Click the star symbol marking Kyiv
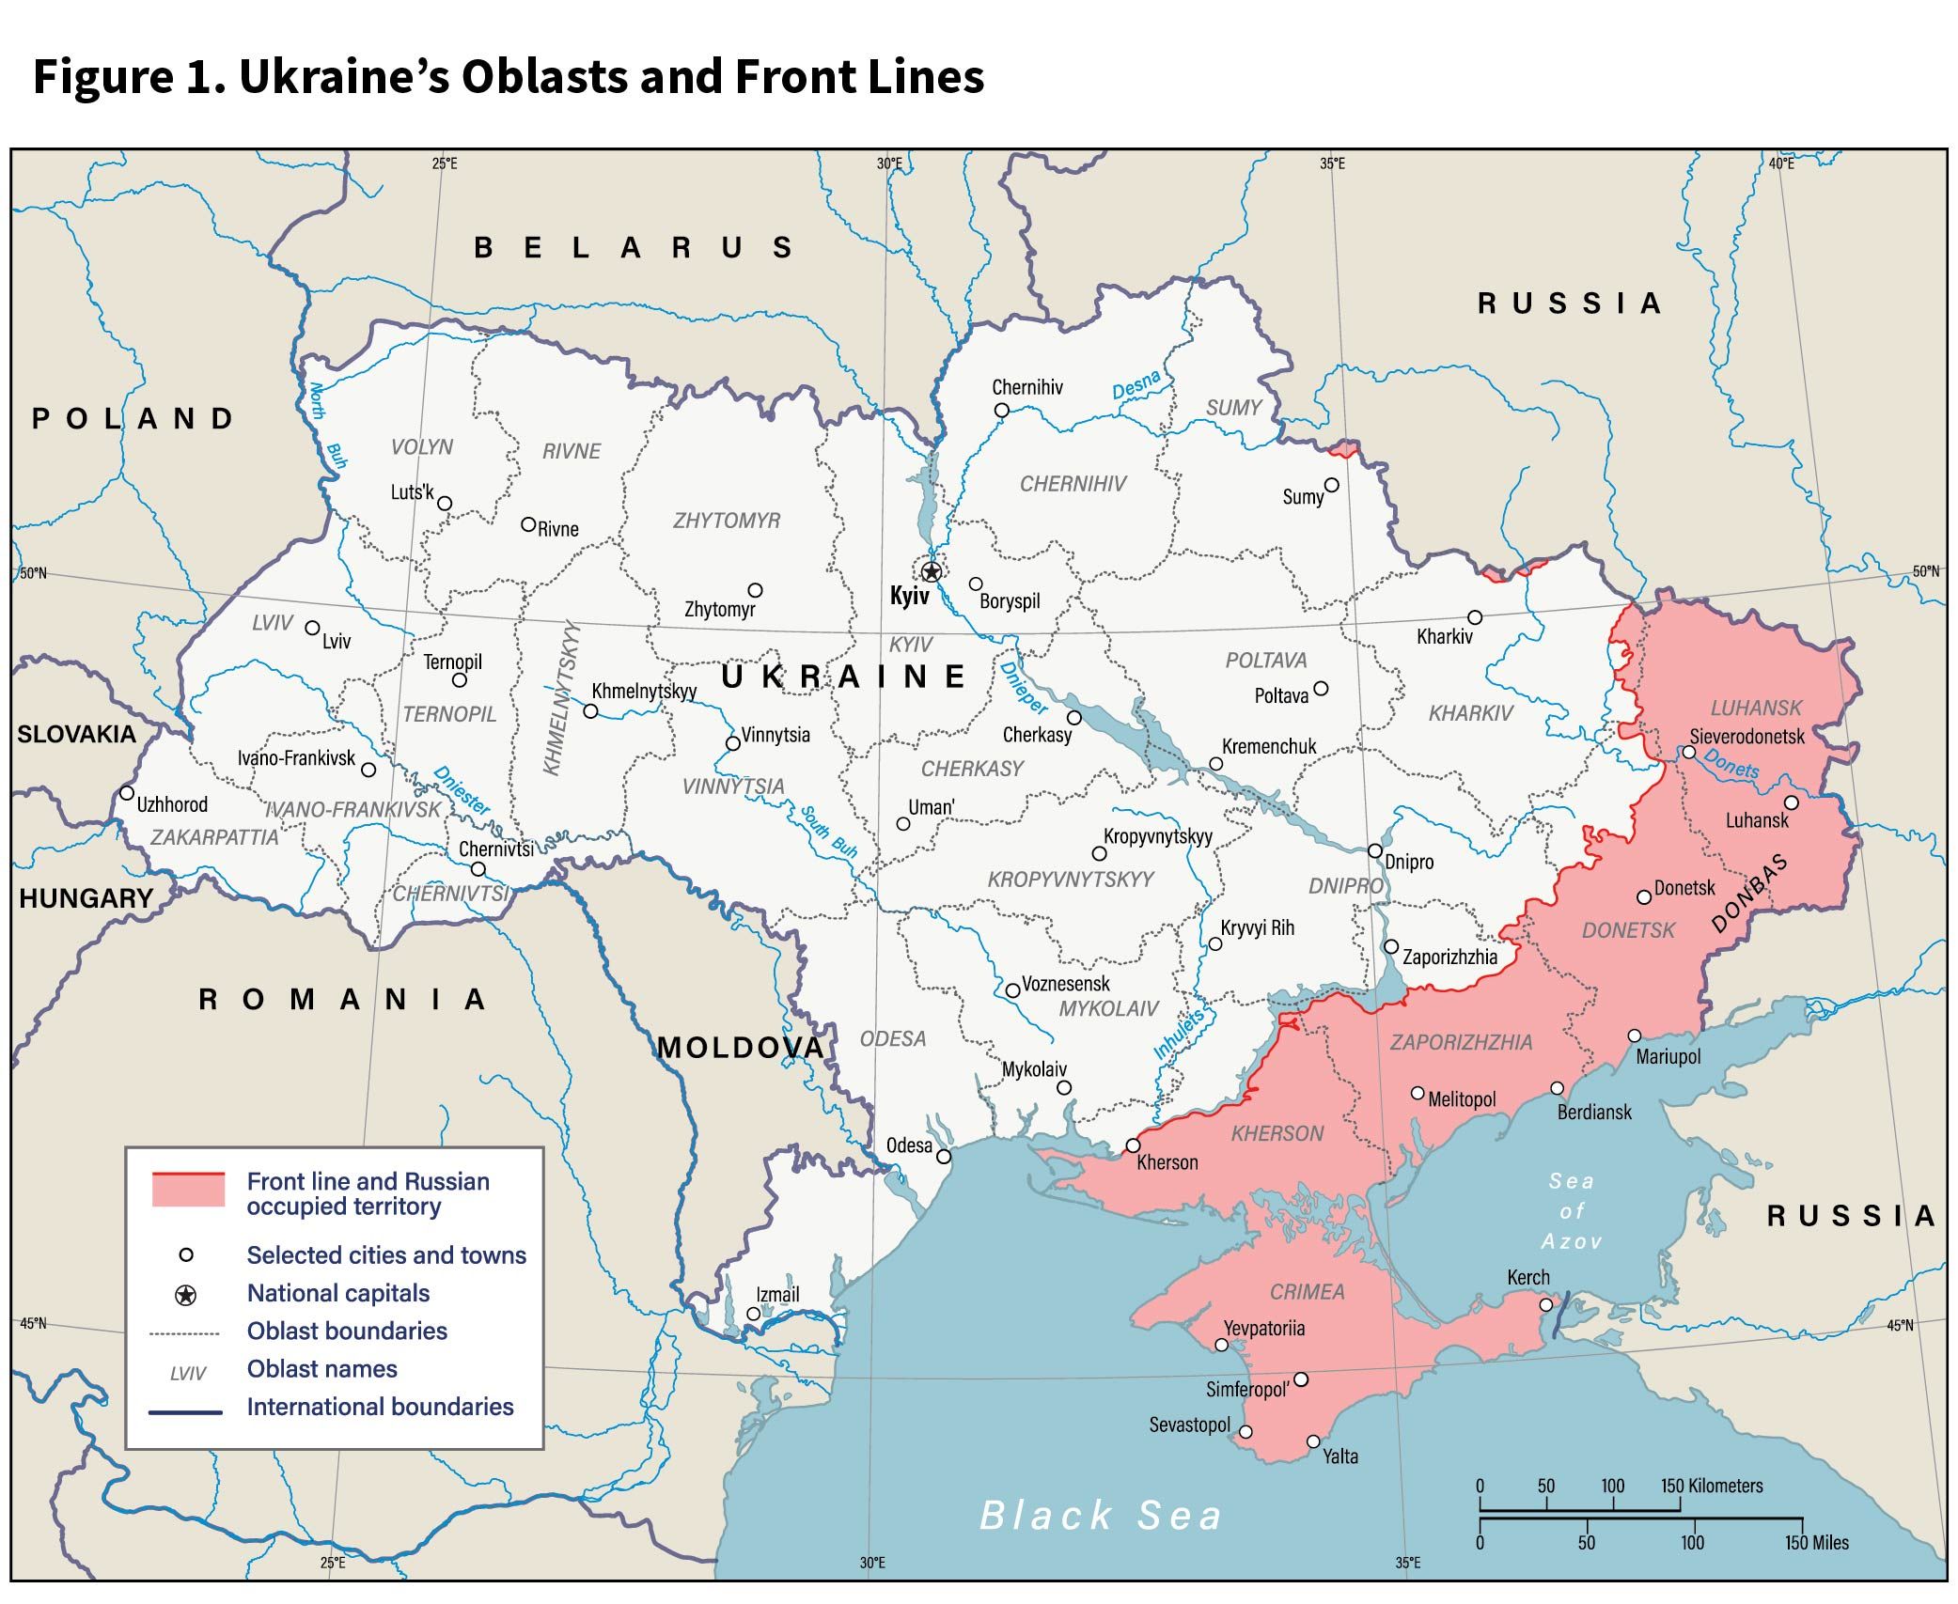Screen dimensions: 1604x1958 click(x=931, y=571)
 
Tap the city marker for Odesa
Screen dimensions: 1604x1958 click(x=944, y=1157)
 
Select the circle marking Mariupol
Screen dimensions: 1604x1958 click(x=1635, y=1036)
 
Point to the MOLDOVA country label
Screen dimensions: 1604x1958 click(x=740, y=1048)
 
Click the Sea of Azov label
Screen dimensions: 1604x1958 click(x=1571, y=1211)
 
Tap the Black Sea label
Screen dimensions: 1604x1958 click(x=1101, y=1516)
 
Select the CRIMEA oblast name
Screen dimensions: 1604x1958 click(x=1307, y=1292)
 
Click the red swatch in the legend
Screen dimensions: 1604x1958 click(x=188, y=1190)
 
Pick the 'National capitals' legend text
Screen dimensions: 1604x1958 click(x=337, y=1294)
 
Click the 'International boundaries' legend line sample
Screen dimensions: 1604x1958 click(x=185, y=1411)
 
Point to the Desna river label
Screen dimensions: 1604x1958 click(x=1136, y=386)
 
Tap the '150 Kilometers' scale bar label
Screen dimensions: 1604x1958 click(x=1711, y=1487)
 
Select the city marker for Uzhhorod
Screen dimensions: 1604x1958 click(x=127, y=793)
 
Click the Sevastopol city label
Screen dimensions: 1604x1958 click(x=1189, y=1425)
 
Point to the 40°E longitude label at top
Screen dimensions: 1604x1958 click(x=1780, y=164)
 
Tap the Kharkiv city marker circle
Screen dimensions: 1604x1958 click(x=1475, y=617)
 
